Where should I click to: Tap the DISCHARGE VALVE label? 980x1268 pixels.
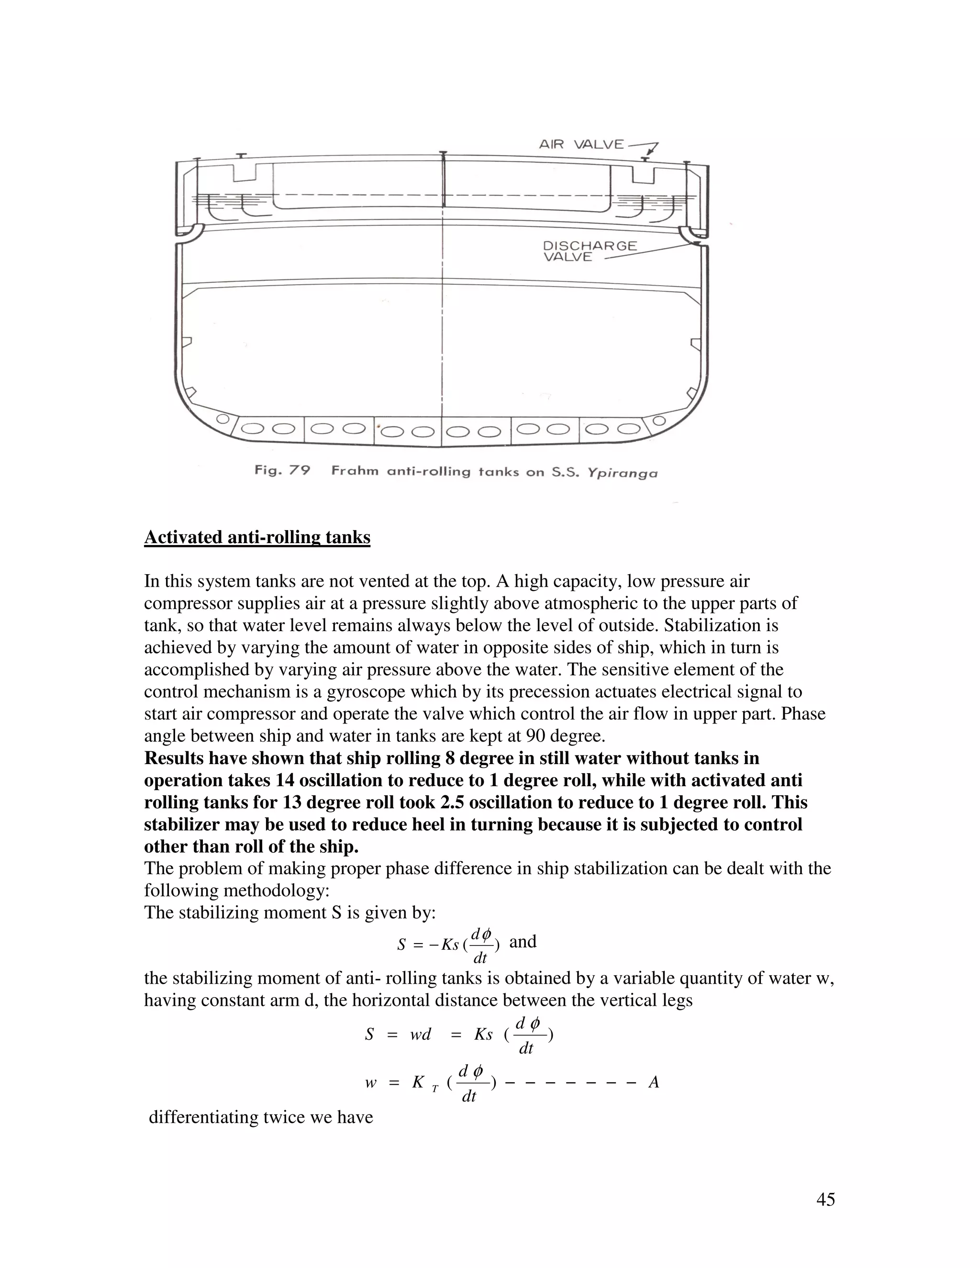click(x=589, y=251)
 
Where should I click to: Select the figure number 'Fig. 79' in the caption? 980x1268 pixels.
click(x=282, y=470)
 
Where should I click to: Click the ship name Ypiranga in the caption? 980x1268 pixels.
click(x=622, y=473)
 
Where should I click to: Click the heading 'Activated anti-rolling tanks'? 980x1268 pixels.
click(x=256, y=537)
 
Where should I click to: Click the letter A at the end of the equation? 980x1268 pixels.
click(x=654, y=1082)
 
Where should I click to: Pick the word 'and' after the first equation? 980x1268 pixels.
click(x=523, y=941)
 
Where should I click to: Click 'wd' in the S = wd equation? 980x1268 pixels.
click(x=420, y=1034)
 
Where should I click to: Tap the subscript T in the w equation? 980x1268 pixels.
click(x=434, y=1089)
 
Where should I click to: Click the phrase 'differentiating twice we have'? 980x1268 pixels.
click(x=261, y=1116)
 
